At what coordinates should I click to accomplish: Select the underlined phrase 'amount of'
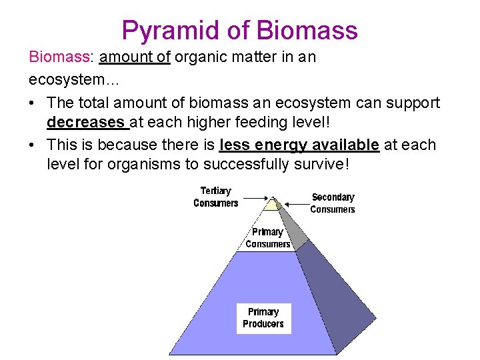click(x=135, y=57)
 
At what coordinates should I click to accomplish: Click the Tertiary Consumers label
click(x=215, y=197)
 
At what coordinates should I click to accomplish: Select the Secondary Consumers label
click(x=333, y=203)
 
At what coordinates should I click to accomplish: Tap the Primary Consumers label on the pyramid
click(x=267, y=238)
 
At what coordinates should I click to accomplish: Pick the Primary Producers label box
click(x=263, y=318)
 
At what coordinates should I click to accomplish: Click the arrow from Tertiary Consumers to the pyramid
click(x=257, y=197)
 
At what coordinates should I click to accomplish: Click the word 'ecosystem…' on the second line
click(x=64, y=79)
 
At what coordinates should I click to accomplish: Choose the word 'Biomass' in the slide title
click(x=308, y=31)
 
